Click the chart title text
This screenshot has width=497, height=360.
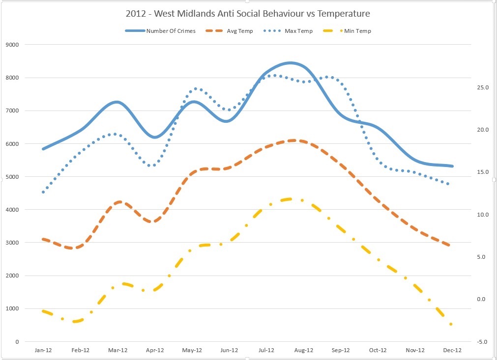[248, 13]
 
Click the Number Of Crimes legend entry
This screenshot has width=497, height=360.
[171, 31]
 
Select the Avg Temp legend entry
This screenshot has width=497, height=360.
[239, 31]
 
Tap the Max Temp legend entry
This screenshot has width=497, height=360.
[298, 31]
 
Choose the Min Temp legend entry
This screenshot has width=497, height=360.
[357, 31]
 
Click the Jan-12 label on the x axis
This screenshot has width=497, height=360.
[43, 350]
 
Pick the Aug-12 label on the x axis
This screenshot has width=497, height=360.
[303, 350]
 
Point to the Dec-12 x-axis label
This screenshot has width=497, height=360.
[452, 350]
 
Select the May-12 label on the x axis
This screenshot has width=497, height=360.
[192, 350]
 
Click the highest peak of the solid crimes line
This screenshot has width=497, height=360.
[291, 63]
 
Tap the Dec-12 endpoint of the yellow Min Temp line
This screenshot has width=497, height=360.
[451, 324]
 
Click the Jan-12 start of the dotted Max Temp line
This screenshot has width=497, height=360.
[43, 192]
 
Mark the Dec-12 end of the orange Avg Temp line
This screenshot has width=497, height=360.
[449, 245]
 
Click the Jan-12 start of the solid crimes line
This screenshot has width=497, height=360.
[43, 149]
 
